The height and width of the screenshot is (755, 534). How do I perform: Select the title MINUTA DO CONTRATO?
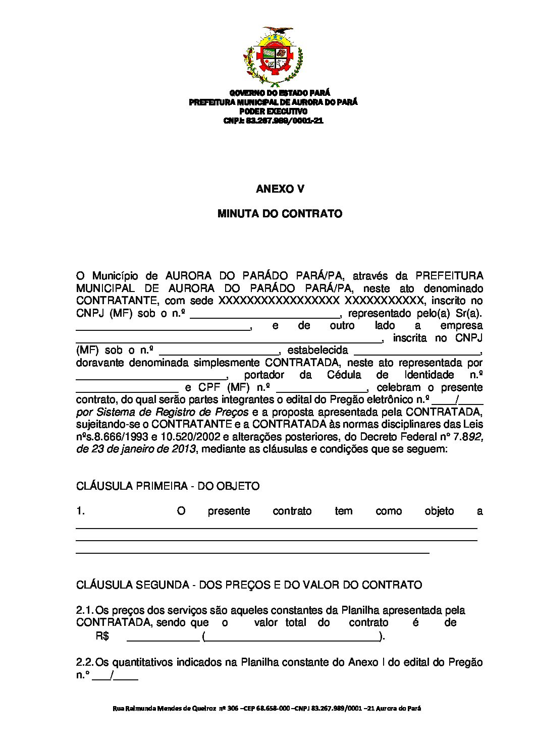[x=280, y=214]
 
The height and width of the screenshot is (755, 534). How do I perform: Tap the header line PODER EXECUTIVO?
[x=273, y=111]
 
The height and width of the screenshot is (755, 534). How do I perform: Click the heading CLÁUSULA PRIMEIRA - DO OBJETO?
[x=168, y=486]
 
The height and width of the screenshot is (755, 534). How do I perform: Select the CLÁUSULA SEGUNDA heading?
[x=249, y=585]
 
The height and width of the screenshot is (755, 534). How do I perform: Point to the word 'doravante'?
[x=100, y=363]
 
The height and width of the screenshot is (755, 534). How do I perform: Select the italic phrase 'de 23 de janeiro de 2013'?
[x=136, y=449]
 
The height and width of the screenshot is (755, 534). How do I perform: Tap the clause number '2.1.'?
[x=85, y=610]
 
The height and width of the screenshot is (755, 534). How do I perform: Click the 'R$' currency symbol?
[x=102, y=636]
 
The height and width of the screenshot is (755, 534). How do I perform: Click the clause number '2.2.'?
[x=85, y=662]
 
